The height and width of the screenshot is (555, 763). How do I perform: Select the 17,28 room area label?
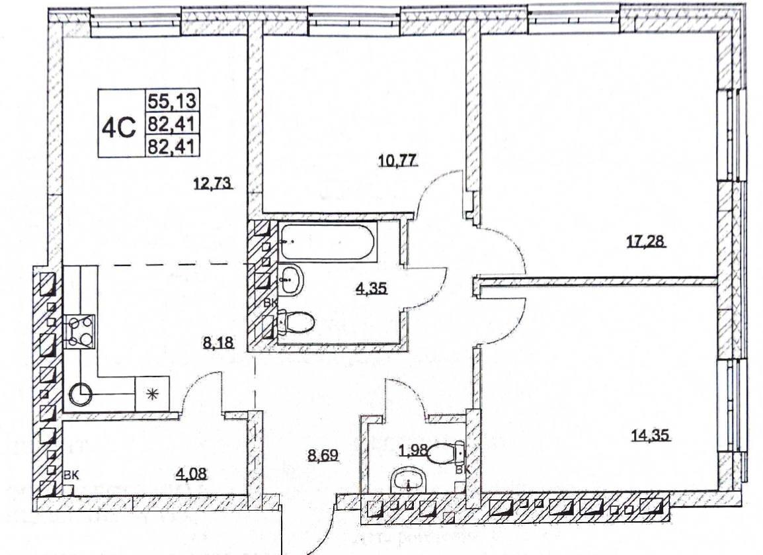coord(645,241)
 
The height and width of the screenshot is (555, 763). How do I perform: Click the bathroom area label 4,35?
coord(372,288)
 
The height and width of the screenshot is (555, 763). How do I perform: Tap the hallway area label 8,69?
coord(323,455)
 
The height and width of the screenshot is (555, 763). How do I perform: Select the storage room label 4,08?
coord(192,473)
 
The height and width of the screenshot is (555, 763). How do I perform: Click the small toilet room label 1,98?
coord(413,451)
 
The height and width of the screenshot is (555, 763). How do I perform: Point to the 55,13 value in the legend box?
coord(172,101)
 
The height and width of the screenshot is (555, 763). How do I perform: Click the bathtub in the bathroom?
coord(327,241)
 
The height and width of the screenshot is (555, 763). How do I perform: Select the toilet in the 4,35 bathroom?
coord(295,323)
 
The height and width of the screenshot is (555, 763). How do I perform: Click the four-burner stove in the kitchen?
coord(79,331)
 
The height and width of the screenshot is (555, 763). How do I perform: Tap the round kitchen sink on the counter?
coord(80,395)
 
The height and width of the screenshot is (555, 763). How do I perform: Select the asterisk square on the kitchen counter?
coord(152,394)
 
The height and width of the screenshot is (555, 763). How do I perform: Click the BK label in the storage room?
coord(71,475)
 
